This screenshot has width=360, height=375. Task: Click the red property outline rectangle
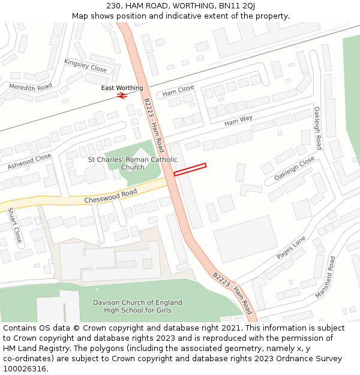tap(190, 170)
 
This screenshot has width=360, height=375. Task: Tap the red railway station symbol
tap(121, 95)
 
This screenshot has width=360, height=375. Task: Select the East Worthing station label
tap(122, 88)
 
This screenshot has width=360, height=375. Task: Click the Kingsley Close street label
tap(85, 66)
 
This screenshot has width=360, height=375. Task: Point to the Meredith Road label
tap(31, 88)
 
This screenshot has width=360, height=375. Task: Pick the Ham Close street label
tap(178, 91)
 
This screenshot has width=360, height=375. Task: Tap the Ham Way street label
tap(238, 121)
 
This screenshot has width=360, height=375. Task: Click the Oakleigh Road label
tap(317, 128)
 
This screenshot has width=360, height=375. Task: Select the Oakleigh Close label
tap(294, 169)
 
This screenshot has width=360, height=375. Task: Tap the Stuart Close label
tap(14, 225)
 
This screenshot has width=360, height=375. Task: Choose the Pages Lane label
tap(291, 247)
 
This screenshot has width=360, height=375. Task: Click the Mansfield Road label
tap(326, 277)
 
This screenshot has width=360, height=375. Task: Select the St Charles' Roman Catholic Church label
tap(133, 163)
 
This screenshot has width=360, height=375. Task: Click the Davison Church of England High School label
tap(137, 306)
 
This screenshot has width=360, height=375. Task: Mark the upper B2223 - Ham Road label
tap(154, 125)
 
